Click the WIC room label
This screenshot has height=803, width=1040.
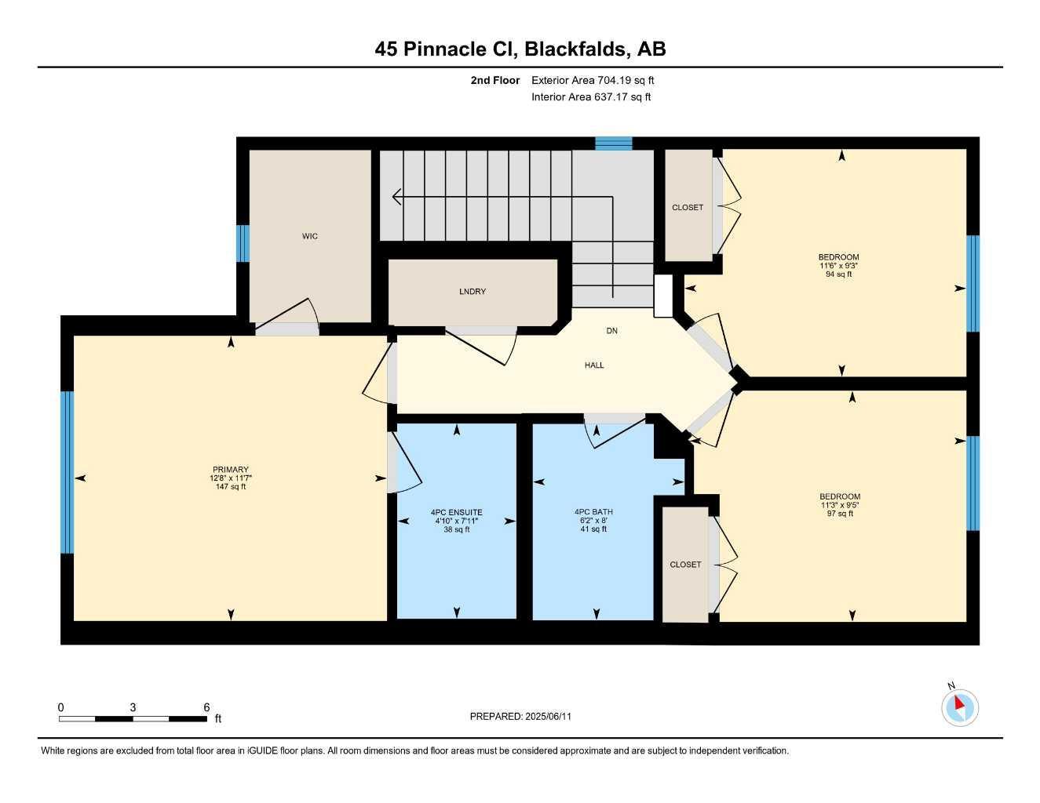point(310,236)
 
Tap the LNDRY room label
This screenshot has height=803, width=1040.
point(473,292)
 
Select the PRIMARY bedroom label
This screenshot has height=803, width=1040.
point(229,470)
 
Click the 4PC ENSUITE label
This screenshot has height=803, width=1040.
point(456,512)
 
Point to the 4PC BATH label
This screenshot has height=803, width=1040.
point(593,512)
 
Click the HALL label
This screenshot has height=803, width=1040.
point(594,365)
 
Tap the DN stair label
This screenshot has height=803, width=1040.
point(612,331)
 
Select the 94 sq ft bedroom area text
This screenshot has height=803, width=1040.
point(838,274)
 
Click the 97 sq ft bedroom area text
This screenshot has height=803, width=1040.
point(840,514)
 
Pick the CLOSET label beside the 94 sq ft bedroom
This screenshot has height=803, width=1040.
point(688,208)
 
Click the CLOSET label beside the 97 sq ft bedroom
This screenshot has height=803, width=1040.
point(685,565)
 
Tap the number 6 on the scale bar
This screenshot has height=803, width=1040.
point(206,707)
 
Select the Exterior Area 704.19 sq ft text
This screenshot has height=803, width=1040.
point(593,80)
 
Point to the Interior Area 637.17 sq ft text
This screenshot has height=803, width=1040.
point(591,97)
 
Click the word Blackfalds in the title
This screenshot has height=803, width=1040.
point(577,49)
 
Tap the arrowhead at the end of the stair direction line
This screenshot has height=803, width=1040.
point(396,197)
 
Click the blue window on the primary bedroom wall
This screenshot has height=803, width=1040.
point(67,472)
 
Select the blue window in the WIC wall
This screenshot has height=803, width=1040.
point(243,244)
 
